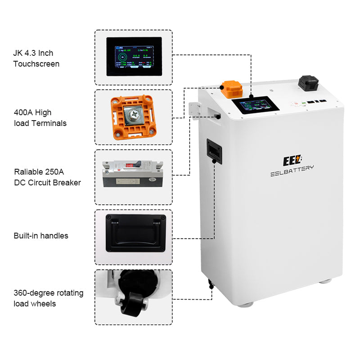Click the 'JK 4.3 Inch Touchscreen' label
pyautogui.click(x=36, y=58)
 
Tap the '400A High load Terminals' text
pyautogui.click(x=40, y=117)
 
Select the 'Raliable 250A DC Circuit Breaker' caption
pyautogui.click(x=47, y=177)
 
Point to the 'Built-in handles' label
pyautogui.click(x=40, y=236)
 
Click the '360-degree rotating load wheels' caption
pyautogui.click(x=48, y=298)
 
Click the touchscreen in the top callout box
pyautogui.click(x=134, y=56)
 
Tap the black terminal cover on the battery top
pyautogui.click(x=308, y=83)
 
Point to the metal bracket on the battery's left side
pyautogui.click(x=195, y=110)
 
